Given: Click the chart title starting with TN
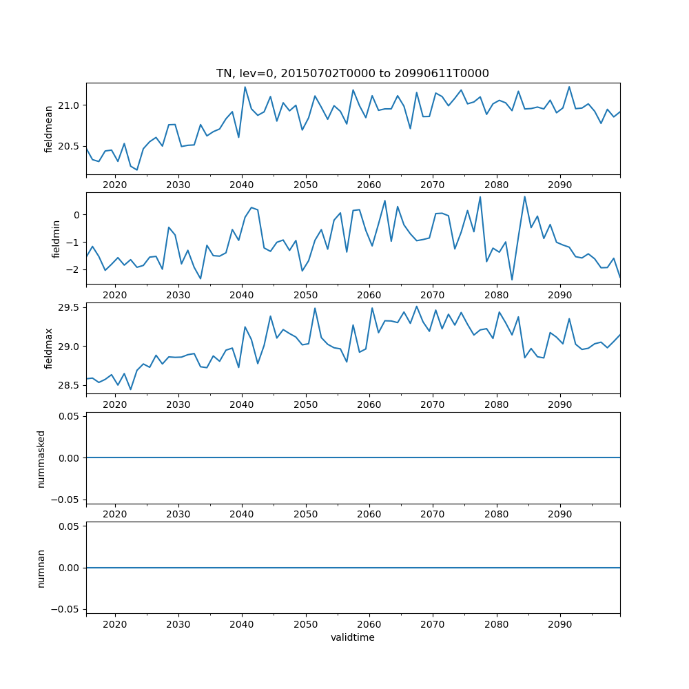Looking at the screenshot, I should coord(353,74).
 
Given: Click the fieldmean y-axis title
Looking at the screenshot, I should coord(48,129).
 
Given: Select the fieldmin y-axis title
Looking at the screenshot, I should coord(56,238).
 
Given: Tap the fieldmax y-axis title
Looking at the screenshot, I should coord(48,348).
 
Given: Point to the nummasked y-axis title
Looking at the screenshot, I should coord(41,458).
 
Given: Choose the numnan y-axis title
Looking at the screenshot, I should coord(41,568).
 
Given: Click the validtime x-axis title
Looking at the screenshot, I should coord(353,638).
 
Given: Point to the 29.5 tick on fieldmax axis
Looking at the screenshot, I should coord(70,307).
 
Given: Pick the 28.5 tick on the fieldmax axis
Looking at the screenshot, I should coord(70,385).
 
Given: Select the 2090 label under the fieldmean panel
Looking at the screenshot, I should coord(559,185).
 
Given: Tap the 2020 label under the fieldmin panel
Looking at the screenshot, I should coord(114,295).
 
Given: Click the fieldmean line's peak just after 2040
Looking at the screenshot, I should coord(245,87).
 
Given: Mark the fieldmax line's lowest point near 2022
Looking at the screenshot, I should coord(130,389).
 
